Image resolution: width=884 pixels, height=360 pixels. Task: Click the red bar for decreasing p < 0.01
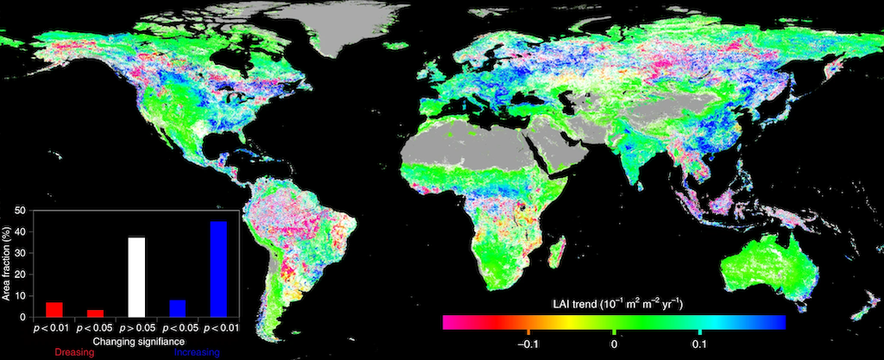tap(54, 309)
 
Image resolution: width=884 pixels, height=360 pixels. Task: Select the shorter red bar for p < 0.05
tap(95, 313)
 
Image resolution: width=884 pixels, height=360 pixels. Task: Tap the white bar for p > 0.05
tap(136, 277)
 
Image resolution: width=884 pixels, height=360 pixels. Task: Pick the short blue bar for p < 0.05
tap(178, 308)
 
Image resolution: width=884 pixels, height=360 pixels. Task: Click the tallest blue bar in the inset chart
tap(218, 269)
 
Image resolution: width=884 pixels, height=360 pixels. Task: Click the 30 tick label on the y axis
tap(20, 253)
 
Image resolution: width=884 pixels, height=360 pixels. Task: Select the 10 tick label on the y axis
tap(20, 296)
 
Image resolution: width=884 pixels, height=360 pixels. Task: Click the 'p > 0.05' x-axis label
tap(136, 329)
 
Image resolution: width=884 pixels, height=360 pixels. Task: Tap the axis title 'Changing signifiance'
tap(136, 341)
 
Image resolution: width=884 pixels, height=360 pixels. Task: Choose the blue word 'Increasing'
tap(198, 352)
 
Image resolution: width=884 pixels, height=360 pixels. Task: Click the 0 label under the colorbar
tap(614, 343)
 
